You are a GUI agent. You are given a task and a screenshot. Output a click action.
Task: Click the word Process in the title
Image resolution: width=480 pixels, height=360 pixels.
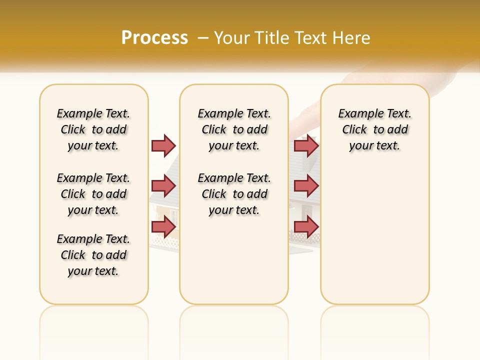[x=154, y=38]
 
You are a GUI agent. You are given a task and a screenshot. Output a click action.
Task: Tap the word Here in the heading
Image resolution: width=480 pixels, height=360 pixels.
[x=352, y=38]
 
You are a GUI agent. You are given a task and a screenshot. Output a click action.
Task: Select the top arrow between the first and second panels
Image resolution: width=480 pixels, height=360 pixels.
[x=163, y=145]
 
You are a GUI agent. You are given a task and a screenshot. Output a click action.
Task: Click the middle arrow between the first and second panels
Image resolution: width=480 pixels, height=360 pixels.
[x=163, y=186]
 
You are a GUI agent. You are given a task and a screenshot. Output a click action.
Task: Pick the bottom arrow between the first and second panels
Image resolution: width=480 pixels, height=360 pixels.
[x=163, y=226]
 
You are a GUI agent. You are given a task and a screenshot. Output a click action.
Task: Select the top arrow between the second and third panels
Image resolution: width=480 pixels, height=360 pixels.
[x=306, y=145]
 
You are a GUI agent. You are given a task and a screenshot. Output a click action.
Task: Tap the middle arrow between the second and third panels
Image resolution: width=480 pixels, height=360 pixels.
[x=306, y=186]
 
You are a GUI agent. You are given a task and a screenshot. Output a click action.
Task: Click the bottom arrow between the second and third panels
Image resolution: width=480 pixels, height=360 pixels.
[x=306, y=226]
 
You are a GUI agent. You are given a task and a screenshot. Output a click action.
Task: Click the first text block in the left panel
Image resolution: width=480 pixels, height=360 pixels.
[x=93, y=129]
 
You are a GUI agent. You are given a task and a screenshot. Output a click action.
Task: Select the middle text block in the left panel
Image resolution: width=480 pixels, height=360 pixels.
[x=93, y=194]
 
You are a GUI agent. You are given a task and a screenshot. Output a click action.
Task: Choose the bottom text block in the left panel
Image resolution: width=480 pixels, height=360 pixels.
[x=93, y=255]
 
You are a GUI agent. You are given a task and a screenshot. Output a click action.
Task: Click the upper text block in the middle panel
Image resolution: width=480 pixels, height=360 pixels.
[x=234, y=129]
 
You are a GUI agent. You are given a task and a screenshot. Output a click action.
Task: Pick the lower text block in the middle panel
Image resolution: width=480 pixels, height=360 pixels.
[x=234, y=194]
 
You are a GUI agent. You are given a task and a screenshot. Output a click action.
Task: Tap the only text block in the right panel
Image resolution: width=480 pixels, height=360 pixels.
[x=374, y=129]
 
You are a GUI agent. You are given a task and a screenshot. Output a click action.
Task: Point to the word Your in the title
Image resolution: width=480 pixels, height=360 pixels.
[x=232, y=38]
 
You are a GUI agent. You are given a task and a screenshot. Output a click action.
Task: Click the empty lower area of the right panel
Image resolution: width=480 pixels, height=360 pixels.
[x=374, y=240]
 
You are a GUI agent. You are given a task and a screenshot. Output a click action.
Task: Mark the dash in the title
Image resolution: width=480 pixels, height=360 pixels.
[x=203, y=38]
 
